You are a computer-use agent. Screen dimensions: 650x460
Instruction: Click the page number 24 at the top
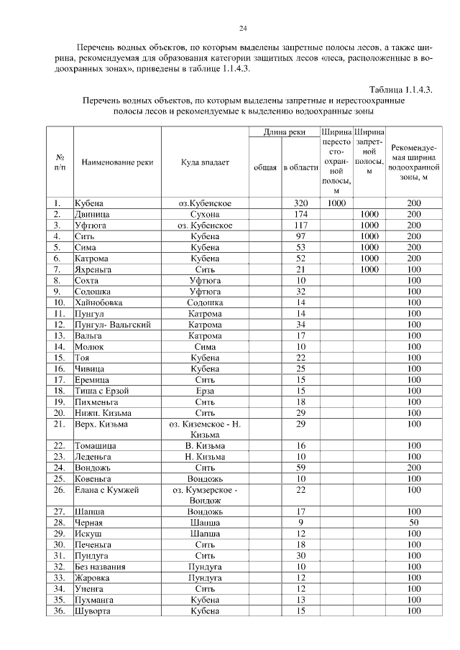243,28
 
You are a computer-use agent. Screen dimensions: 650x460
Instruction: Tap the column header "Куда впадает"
205,162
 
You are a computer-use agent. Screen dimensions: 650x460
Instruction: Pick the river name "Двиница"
91,215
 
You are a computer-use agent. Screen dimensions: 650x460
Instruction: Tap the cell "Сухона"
205,215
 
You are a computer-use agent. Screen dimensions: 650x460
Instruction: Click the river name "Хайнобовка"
98,303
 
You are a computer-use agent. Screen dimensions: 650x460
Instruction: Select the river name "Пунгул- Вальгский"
112,325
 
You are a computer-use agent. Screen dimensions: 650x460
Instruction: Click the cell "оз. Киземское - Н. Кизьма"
205,430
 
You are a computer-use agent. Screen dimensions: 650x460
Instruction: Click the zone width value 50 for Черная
413,523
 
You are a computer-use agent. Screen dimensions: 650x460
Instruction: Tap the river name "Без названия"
100,567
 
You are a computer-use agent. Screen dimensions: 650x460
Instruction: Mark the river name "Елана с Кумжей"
106,490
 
